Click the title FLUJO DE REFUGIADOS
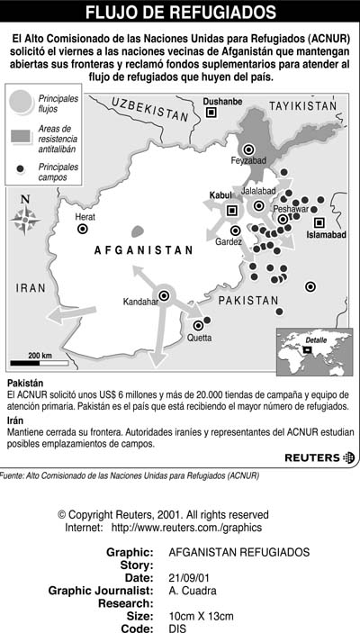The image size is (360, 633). pos(180,12)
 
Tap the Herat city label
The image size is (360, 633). pos(85,217)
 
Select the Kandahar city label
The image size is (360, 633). pos(140,302)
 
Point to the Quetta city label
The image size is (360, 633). pos(199,338)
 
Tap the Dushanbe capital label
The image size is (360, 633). pos(222,102)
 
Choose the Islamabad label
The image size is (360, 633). pos(326,234)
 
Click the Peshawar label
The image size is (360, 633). pos(291,208)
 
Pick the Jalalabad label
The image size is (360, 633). pos(258,191)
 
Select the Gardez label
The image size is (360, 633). pos(229,241)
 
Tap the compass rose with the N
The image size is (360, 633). pos(25,215)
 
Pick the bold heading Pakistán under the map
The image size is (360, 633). pos(25,384)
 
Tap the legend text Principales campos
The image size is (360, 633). pos(58,172)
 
